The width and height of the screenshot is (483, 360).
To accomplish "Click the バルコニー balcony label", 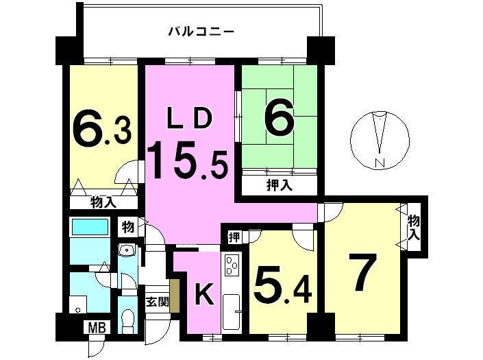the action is click(x=201, y=32).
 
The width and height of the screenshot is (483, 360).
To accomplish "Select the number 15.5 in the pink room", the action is click(x=187, y=160).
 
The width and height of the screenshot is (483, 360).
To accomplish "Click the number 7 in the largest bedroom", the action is click(x=362, y=272).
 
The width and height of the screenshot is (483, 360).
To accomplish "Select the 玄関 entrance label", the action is click(x=157, y=302).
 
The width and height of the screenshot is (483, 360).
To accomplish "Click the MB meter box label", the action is click(x=97, y=327).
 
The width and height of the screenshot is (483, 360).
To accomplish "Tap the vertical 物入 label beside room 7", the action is click(x=414, y=228).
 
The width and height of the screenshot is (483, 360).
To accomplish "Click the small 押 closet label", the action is click(x=234, y=237).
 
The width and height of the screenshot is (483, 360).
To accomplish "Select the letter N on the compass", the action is click(x=381, y=163).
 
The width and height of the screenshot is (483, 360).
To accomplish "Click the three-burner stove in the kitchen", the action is click(x=232, y=265).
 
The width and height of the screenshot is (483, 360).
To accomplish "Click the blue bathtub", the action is click(x=90, y=226).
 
